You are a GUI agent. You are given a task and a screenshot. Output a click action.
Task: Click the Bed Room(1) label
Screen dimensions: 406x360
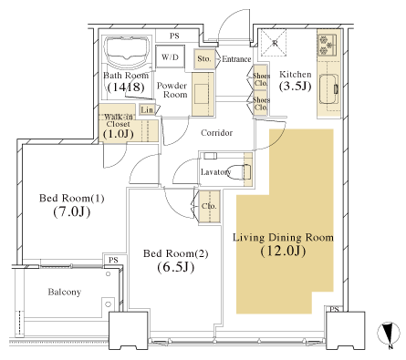click(72, 199)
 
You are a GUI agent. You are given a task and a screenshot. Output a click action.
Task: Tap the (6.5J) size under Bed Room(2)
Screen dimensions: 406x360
click(176, 267)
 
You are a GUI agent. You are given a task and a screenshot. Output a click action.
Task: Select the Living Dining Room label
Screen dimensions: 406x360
click(283, 238)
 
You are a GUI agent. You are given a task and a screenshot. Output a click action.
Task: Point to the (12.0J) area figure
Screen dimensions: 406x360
click(283, 252)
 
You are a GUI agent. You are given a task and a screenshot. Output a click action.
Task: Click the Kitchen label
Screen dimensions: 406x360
click(296, 75)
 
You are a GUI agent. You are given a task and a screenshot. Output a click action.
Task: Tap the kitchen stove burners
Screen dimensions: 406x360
click(328, 45)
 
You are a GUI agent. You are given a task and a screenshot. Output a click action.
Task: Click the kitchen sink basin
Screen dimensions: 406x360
click(328, 89)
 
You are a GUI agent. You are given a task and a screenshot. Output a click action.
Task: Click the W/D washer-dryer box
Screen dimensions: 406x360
click(170, 57)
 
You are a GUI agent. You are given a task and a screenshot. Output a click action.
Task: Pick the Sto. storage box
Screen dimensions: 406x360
click(204, 58)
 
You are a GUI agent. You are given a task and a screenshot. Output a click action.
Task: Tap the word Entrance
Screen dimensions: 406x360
click(236, 59)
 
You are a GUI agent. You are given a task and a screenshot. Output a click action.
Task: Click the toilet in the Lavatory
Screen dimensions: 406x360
click(240, 172)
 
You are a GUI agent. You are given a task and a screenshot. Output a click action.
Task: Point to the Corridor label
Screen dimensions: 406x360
click(217, 133)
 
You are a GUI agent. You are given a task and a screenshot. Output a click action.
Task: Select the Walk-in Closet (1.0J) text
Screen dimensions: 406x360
click(119, 126)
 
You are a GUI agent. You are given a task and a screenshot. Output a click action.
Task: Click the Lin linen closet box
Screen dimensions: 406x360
click(147, 109)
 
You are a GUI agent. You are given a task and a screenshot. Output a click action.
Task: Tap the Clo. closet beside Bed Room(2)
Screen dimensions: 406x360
click(209, 206)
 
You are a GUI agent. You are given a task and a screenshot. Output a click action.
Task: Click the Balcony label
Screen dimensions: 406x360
click(65, 293)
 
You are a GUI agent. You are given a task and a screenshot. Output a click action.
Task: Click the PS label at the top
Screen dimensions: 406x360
click(174, 36)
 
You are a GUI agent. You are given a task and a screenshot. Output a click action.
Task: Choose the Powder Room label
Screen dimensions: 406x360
click(172, 90)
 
